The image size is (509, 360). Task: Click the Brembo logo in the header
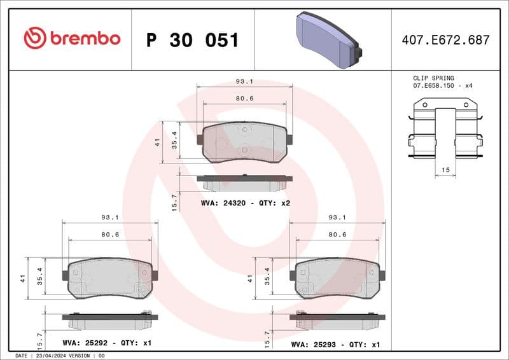tap(71, 39)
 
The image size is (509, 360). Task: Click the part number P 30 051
tap(192, 40)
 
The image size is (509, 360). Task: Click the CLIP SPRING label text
tap(433, 78)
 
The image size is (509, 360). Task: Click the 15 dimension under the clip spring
tap(445, 170)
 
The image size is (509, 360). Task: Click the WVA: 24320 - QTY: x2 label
tap(245, 203)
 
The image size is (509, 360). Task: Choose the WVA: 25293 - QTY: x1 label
tap(335, 344)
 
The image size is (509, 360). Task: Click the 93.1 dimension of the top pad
tap(244, 81)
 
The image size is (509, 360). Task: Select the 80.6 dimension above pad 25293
tap(337, 234)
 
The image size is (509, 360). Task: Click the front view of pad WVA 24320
tap(245, 142)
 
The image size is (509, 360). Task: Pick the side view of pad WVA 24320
tap(244, 183)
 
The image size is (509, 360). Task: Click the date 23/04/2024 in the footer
tap(59, 356)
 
